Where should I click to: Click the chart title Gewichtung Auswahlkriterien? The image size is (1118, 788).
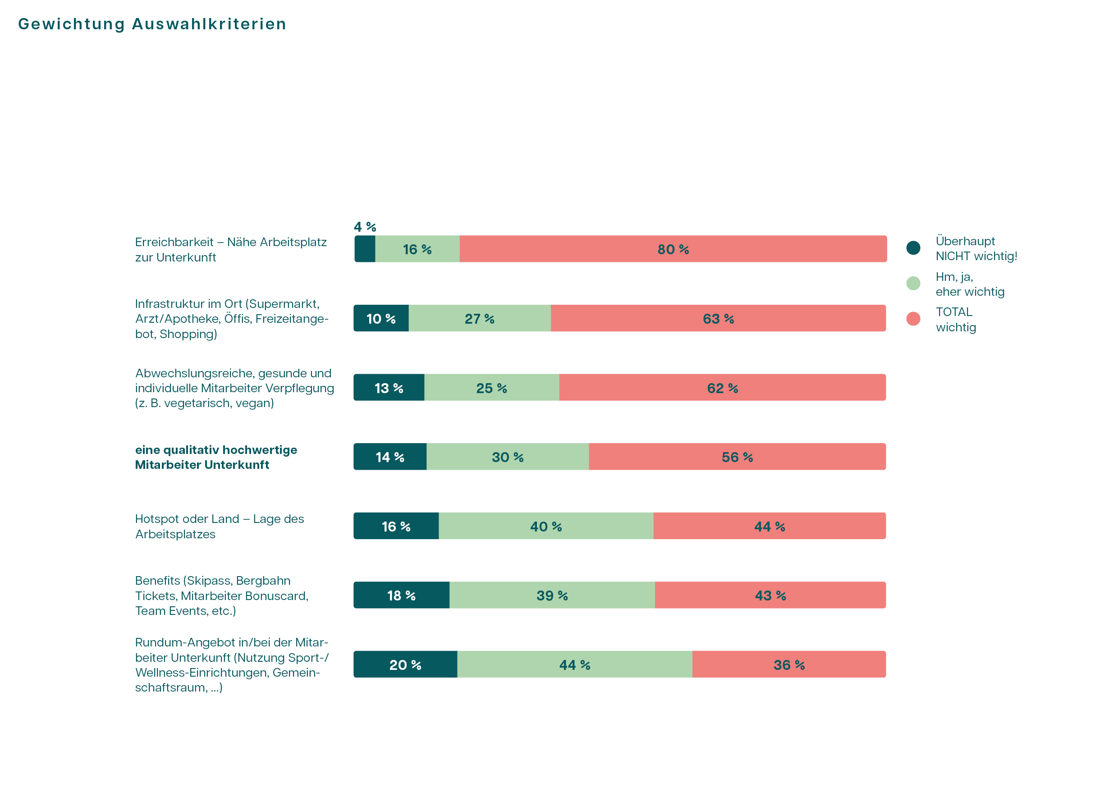152,24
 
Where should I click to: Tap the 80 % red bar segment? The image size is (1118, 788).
673,249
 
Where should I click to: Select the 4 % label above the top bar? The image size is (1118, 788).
365,226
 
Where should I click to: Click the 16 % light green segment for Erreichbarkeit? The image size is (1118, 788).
417,249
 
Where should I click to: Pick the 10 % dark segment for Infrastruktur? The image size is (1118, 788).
381,319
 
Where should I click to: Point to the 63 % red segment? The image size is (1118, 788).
718,319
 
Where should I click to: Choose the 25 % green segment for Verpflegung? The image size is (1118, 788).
491,388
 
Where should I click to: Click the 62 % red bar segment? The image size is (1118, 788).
722,388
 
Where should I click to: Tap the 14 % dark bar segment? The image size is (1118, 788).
389,457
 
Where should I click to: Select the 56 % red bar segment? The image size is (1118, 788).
737,457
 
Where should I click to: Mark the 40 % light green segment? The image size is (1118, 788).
546,526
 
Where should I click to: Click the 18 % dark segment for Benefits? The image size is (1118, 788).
401,595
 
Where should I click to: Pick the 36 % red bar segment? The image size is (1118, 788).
789,664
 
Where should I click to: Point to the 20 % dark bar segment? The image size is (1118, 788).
405,664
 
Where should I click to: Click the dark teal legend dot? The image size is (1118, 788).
913,247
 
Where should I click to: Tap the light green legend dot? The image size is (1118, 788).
913,283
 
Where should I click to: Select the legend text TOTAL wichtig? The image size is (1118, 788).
955,319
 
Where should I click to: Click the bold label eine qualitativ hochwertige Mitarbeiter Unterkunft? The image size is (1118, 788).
216,457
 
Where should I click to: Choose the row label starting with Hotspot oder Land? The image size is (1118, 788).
219,526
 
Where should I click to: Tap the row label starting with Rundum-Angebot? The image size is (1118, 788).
232,664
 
